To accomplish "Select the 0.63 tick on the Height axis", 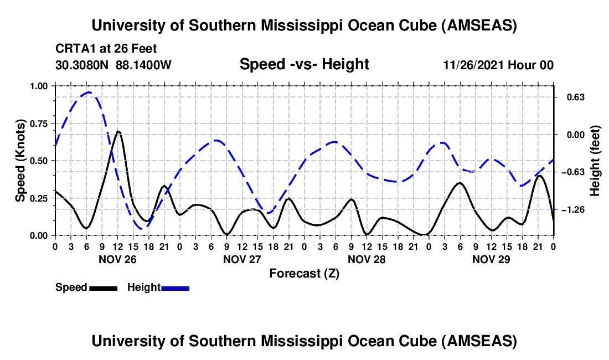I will [x=572, y=97].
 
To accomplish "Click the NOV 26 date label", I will [x=117, y=259].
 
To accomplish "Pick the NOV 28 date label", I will [x=366, y=259].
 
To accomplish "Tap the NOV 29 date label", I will [x=491, y=259].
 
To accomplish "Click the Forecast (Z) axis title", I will [x=304, y=273].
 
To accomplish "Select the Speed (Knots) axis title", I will [x=20, y=161].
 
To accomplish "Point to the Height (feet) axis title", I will [x=595, y=161].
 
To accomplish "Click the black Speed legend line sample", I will [x=103, y=288].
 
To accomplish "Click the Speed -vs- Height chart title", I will [x=304, y=64].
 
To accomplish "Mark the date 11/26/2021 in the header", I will [x=473, y=65].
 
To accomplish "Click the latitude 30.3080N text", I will [x=82, y=65].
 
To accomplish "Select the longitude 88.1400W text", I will [x=143, y=65].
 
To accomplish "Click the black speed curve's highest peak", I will [x=117, y=131].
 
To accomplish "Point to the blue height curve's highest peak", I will [x=89, y=92].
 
